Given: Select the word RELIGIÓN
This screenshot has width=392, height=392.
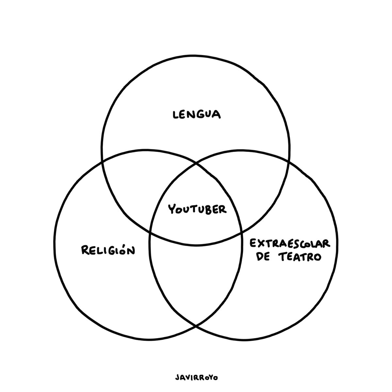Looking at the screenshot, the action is click(x=108, y=251).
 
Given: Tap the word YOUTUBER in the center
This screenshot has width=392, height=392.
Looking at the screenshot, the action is click(x=197, y=209).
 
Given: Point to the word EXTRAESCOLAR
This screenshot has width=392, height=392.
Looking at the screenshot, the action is click(x=290, y=243).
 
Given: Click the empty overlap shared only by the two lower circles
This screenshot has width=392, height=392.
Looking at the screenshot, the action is click(x=196, y=278).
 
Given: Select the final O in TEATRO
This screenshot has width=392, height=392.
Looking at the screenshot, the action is click(x=317, y=257).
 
